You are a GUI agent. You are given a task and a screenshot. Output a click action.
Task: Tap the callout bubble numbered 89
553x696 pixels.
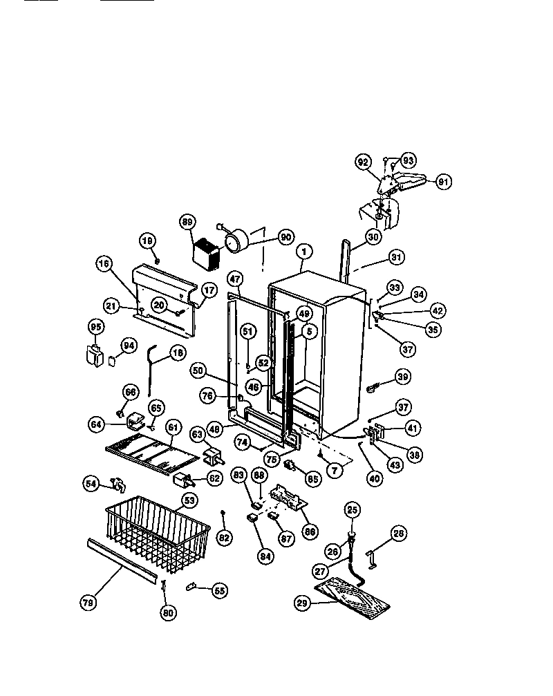point(187,222)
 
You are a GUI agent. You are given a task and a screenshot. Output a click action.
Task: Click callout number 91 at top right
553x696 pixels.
point(443,182)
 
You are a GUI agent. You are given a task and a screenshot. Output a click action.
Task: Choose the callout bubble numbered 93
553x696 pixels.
point(408,161)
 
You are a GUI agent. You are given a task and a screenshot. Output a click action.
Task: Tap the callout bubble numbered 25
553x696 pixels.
point(353,511)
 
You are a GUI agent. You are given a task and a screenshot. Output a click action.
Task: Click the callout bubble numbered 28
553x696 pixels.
point(399,533)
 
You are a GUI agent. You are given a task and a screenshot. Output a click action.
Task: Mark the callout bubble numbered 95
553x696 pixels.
point(96,326)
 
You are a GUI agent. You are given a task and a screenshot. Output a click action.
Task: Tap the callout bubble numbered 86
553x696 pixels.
point(310,532)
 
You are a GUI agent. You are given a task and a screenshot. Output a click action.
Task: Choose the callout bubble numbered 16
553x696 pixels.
point(103,263)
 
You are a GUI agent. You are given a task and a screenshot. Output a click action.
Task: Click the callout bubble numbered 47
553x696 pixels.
point(235,279)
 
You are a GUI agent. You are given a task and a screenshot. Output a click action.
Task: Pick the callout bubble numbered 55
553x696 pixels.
point(219,591)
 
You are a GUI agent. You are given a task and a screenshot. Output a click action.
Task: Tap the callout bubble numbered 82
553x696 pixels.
point(224,537)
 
